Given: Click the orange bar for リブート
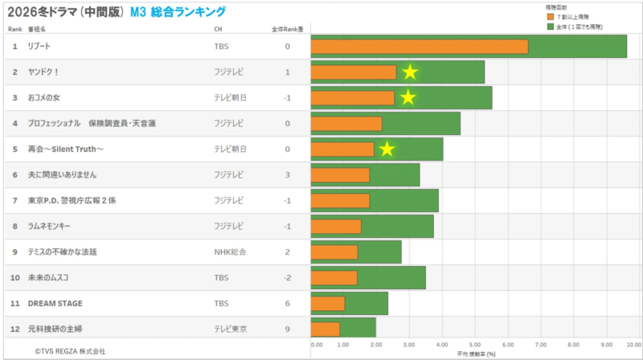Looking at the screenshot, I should [x=419, y=47].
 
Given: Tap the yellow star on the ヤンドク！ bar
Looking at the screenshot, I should [x=410, y=72].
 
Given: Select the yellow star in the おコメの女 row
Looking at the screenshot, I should [x=408, y=98].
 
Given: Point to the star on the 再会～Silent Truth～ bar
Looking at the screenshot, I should [x=387, y=149].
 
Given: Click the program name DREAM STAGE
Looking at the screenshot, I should [x=55, y=304].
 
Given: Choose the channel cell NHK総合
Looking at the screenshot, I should [x=230, y=252].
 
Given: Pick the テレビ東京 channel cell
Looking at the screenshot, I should [x=230, y=329].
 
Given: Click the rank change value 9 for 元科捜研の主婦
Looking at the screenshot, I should [x=287, y=329].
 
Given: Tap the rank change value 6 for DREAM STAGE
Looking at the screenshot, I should [x=287, y=304].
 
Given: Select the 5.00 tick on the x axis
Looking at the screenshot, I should [x=475, y=345].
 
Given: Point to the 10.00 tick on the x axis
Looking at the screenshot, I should [x=633, y=345].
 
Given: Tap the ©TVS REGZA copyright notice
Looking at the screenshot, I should [x=70, y=351].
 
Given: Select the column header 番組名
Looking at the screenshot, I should [x=38, y=29].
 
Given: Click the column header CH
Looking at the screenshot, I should [x=218, y=29].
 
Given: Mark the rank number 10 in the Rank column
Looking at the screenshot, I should [x=14, y=278].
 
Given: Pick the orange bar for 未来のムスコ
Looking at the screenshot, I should [x=334, y=278].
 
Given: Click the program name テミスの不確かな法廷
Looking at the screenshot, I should [x=62, y=252].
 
